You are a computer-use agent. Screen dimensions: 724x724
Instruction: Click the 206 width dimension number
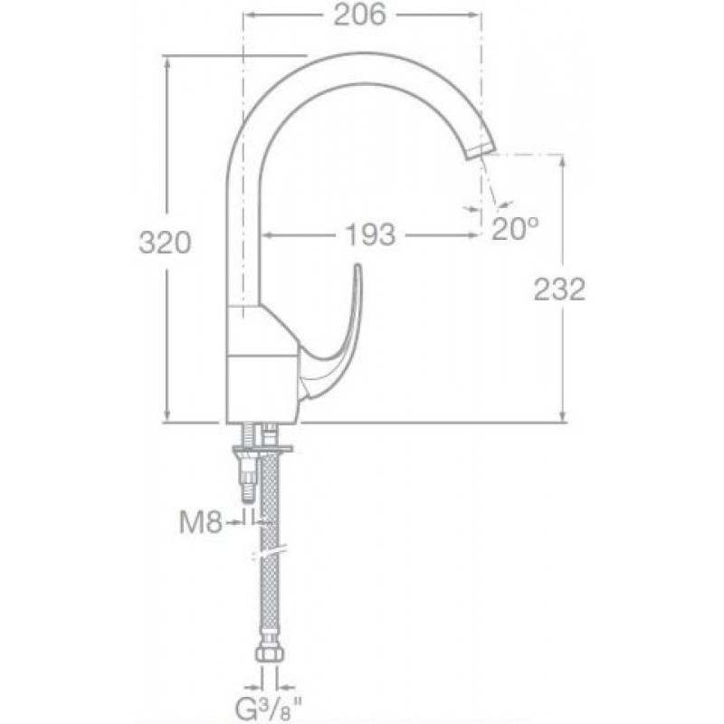pos(359,14)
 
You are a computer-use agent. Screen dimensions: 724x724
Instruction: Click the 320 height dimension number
pos(165,243)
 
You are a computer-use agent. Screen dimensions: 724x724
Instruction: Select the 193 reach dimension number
pos(370,235)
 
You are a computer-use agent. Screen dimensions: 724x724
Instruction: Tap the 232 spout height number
pos(559,290)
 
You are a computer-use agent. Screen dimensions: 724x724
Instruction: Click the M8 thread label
pos(201,523)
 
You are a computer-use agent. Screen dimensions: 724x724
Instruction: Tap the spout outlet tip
pos(480,150)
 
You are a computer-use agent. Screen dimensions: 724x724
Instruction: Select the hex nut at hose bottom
pos(270,653)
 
